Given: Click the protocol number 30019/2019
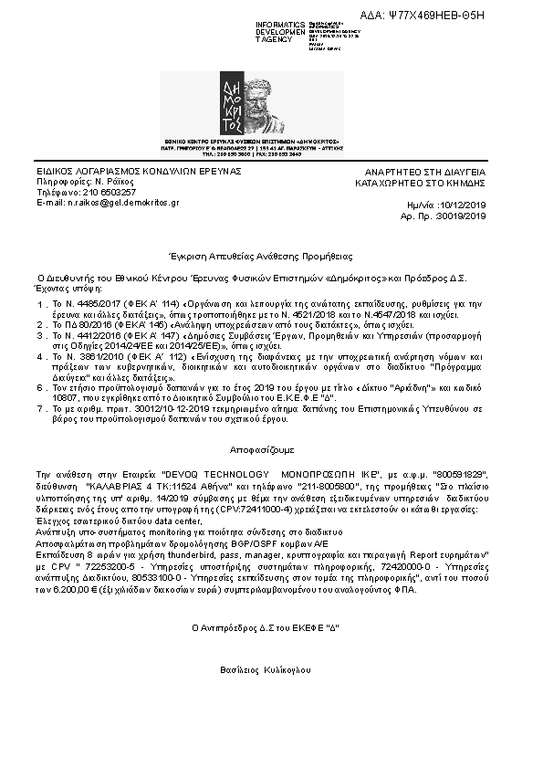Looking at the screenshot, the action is pyautogui.click(x=463, y=216).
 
